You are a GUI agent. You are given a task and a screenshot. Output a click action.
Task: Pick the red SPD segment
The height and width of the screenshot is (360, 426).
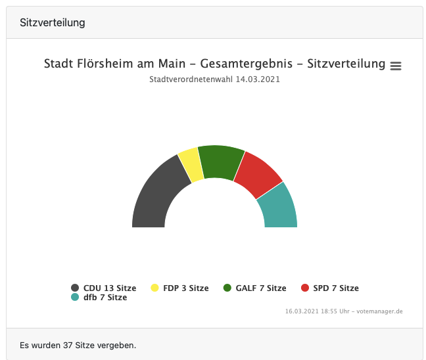click(257, 174)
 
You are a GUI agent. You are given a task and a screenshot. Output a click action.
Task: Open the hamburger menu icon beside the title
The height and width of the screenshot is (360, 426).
click(396, 66)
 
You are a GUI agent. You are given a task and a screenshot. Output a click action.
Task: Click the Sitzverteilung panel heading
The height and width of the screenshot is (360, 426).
click(53, 23)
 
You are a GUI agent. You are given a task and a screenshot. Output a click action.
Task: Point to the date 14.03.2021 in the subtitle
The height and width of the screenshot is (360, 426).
click(263, 79)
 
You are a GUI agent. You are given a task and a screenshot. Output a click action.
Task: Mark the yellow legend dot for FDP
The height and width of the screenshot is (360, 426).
click(155, 288)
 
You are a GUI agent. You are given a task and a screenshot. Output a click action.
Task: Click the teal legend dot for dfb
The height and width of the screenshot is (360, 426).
click(75, 298)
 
